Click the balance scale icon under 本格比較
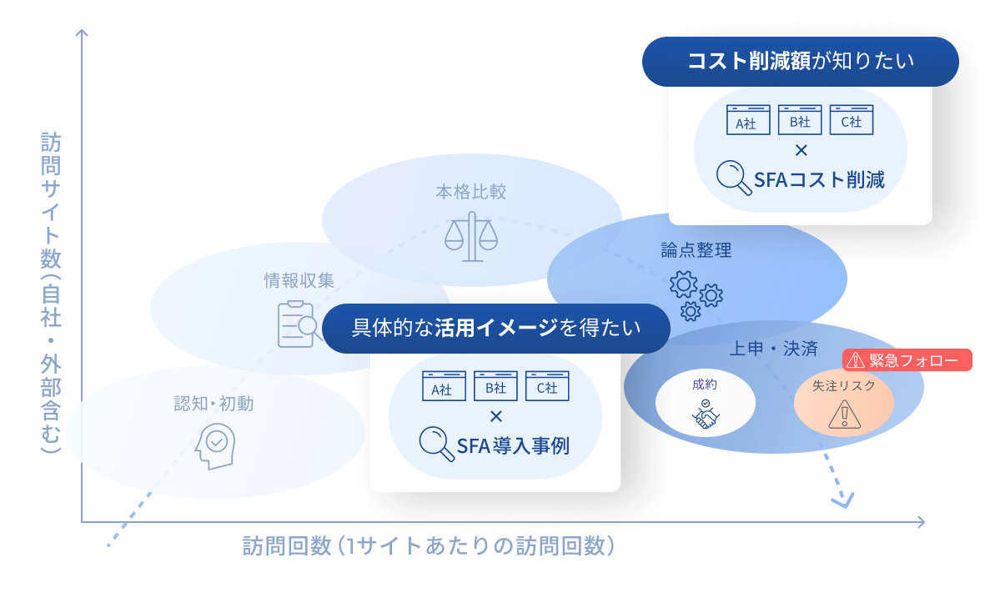point(471,236)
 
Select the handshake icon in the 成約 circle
point(706,414)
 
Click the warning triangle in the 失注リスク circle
point(844,415)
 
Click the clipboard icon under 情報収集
point(297,324)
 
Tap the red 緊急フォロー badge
point(907,360)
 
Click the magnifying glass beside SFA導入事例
point(436,444)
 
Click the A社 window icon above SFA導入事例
point(444,385)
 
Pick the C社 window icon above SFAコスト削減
point(852,120)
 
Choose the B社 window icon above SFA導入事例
point(495,385)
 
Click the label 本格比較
point(471,192)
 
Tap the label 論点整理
point(696,250)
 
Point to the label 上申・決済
point(773,349)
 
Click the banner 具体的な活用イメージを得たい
point(496,328)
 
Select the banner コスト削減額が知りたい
point(801,62)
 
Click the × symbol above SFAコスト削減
point(801,150)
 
